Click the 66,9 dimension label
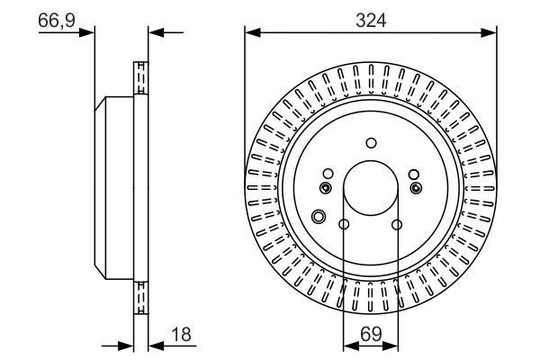(56, 19)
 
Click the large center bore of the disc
(371, 187)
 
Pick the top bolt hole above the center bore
(371, 141)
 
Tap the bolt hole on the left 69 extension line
(345, 224)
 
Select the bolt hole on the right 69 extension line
(397, 224)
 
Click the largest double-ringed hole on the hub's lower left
(318, 216)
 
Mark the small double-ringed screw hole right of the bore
(416, 187)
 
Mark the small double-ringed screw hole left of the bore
(326, 187)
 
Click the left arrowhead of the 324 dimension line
(251, 33)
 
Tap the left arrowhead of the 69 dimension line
(349, 344)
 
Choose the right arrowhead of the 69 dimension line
(392, 344)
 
